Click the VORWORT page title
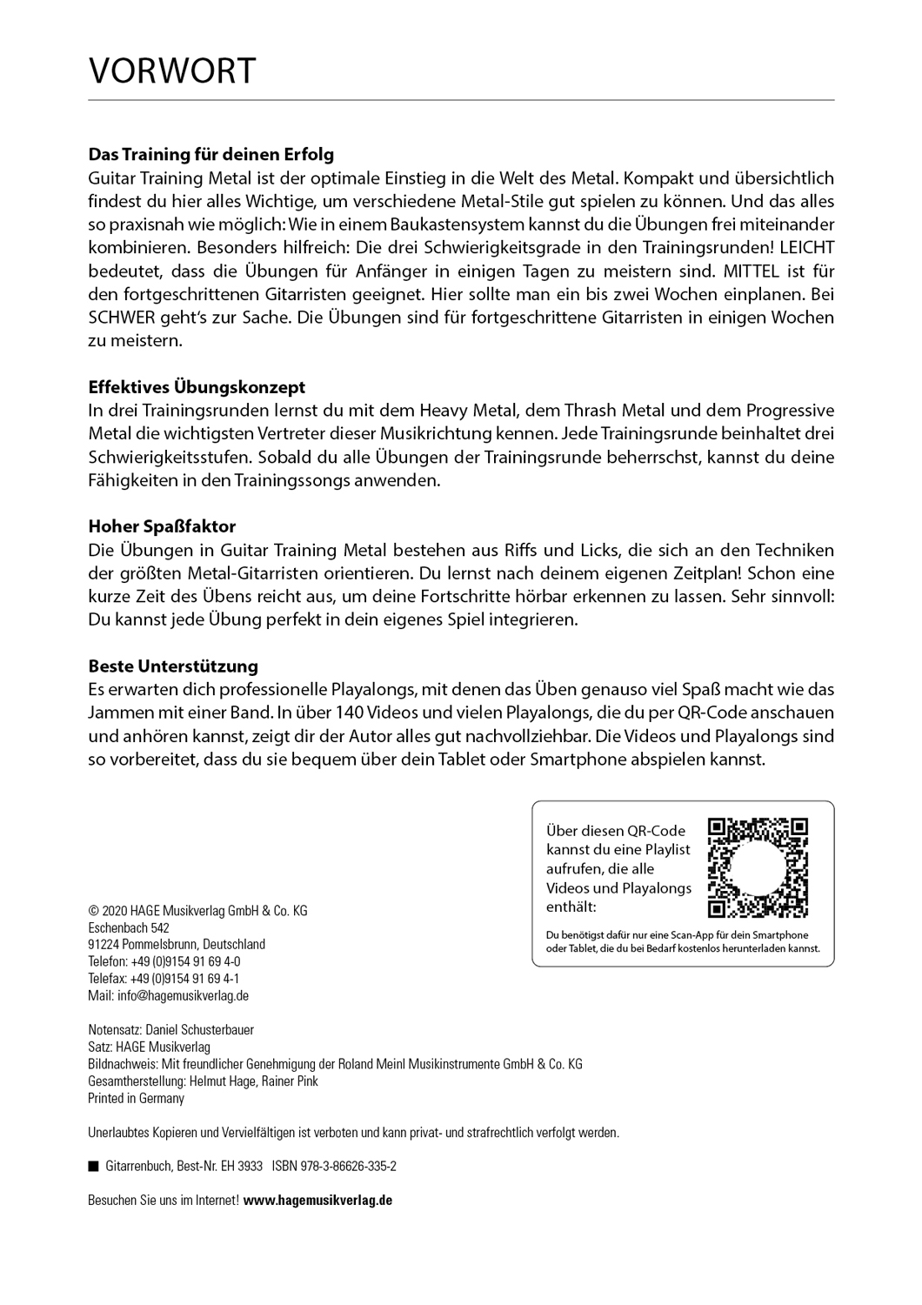(172, 70)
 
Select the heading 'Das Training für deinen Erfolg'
(211, 155)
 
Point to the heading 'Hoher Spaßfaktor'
(162, 526)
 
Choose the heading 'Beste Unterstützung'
(173, 666)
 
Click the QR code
(758, 867)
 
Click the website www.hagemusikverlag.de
(317, 1200)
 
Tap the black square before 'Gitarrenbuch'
(93, 1166)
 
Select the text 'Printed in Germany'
(137, 1099)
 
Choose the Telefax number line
(164, 979)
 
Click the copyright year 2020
(115, 911)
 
